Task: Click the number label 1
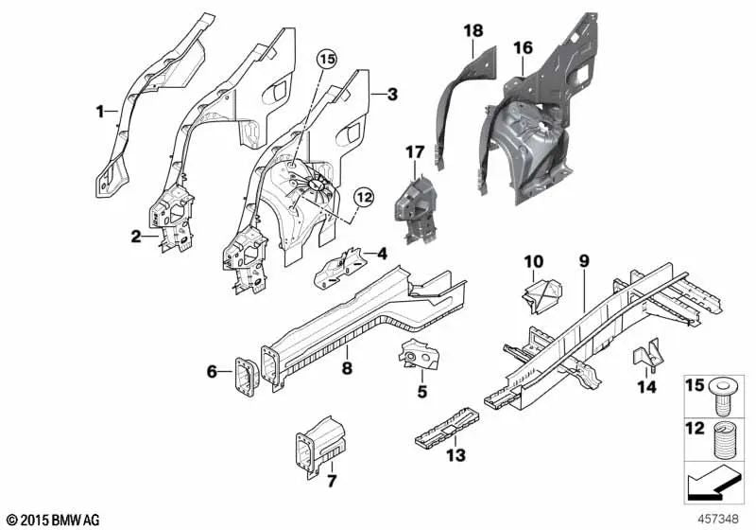click(x=99, y=112)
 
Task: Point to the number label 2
click(x=136, y=236)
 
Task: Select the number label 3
click(x=392, y=94)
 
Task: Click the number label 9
click(x=584, y=260)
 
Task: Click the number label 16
click(x=523, y=47)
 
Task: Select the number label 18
click(x=472, y=32)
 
